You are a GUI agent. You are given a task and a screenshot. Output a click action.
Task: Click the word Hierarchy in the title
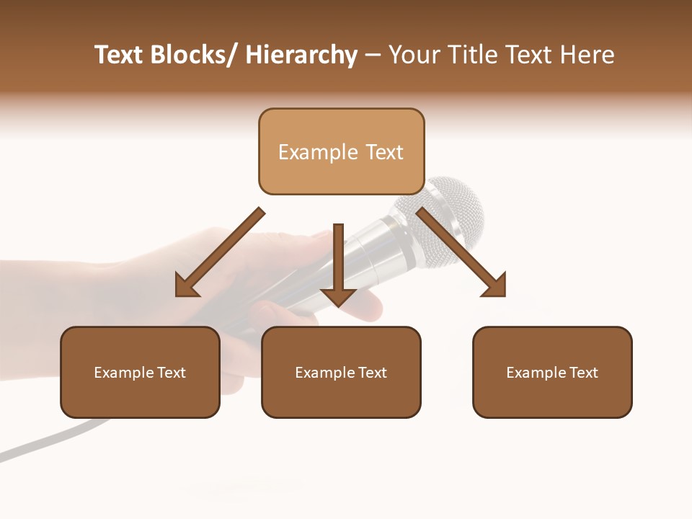click(301, 55)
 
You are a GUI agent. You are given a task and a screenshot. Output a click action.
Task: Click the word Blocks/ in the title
click(192, 55)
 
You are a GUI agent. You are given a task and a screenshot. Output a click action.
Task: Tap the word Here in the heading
click(588, 55)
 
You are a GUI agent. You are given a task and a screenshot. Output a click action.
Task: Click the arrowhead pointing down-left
click(186, 287)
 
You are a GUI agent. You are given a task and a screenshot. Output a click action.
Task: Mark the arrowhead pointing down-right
click(496, 286)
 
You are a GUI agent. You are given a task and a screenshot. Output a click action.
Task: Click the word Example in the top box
click(317, 152)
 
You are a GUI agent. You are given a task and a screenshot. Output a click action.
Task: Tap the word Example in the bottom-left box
click(124, 373)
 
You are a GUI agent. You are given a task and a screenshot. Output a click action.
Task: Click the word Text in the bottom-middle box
click(372, 373)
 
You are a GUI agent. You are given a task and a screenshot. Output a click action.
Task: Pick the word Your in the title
click(413, 55)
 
